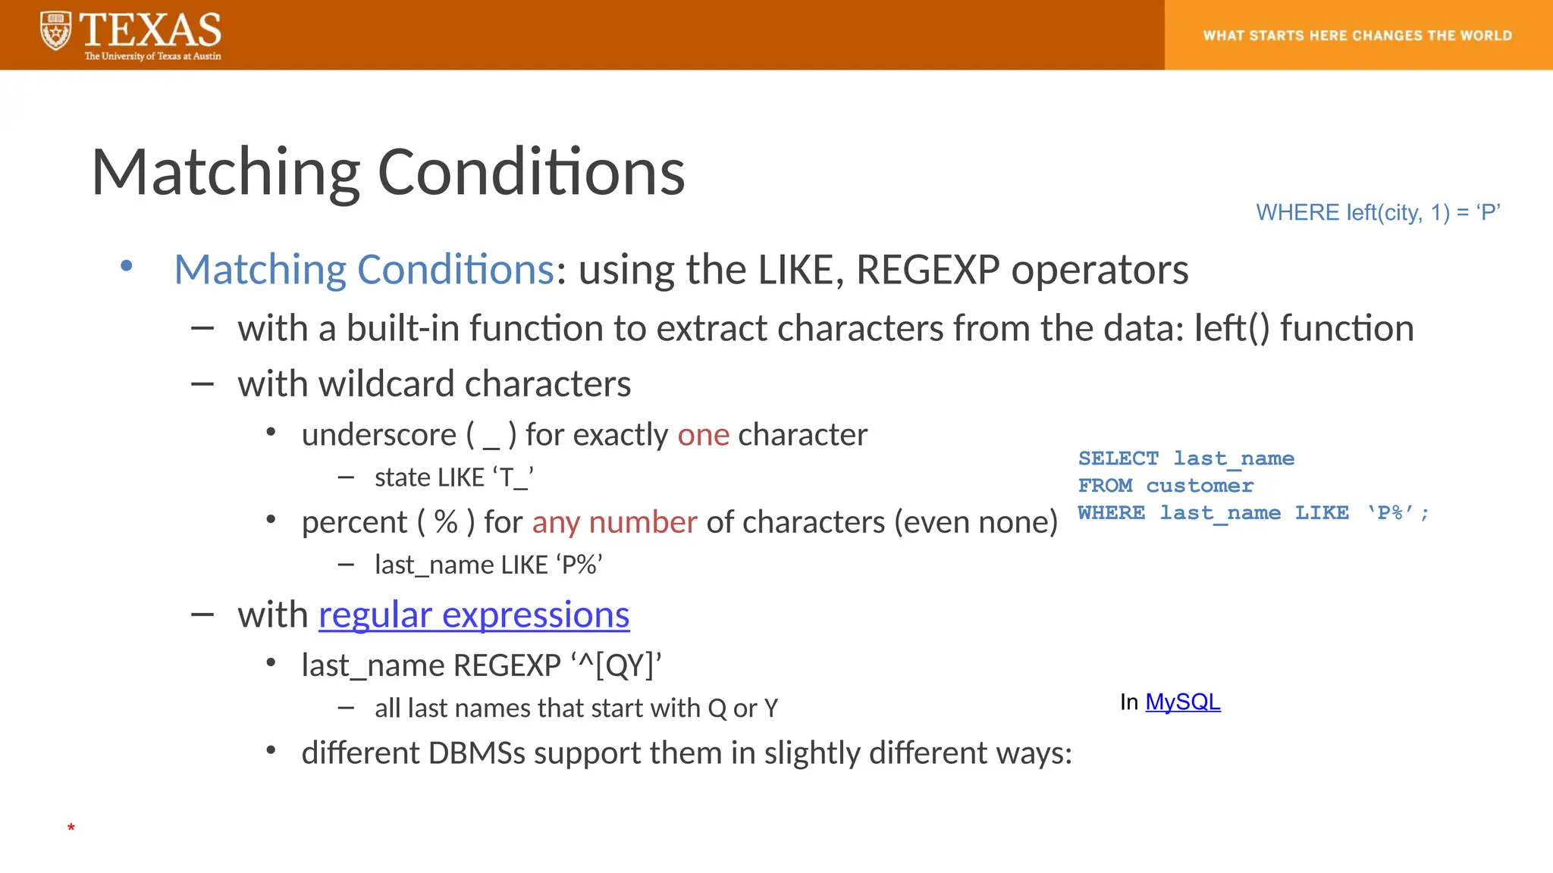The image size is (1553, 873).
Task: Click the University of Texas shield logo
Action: (55, 32)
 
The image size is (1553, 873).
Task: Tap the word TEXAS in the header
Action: (150, 30)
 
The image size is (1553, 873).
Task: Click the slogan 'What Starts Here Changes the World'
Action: (1357, 36)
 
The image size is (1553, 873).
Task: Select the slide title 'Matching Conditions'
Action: (387, 172)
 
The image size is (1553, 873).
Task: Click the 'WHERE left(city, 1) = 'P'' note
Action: (1378, 213)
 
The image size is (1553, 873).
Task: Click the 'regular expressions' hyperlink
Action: (474, 615)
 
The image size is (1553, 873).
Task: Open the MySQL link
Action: (1182, 702)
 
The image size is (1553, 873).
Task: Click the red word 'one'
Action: (703, 435)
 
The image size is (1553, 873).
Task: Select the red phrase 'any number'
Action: (614, 522)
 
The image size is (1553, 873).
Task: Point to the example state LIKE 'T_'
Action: (453, 477)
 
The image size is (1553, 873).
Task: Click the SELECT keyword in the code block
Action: (1118, 458)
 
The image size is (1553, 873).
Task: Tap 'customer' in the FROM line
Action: (1199, 486)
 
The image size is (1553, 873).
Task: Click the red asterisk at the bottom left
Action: (71, 828)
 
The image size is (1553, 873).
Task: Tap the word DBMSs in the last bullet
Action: (476, 753)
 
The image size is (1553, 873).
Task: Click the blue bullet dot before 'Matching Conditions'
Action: (127, 266)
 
